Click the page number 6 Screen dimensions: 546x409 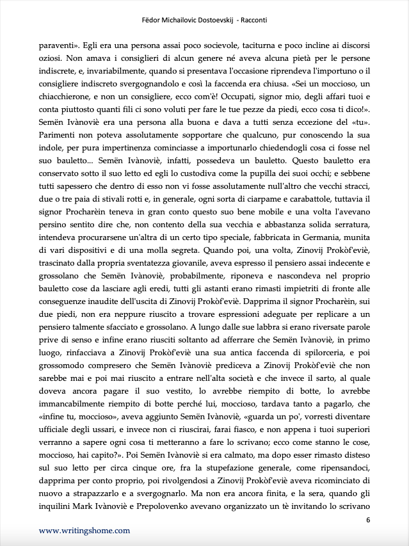pyautogui.click(x=368, y=519)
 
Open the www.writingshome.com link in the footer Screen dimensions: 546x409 pyautogui.click(x=84, y=531)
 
